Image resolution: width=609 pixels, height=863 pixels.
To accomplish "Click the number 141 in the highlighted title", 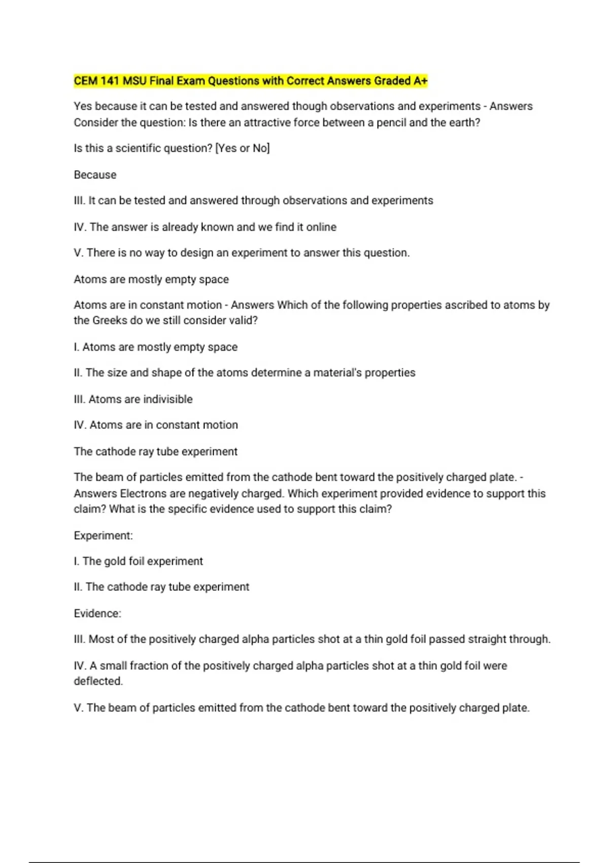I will point(109,81).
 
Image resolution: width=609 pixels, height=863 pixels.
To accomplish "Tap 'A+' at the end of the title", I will point(420,81).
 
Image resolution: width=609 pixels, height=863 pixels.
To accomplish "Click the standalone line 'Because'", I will point(95,175).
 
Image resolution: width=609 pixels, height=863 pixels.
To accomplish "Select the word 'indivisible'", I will point(168,399).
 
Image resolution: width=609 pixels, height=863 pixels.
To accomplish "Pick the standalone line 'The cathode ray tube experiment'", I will point(155,451).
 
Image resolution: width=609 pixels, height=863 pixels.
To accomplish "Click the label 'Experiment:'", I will point(103,536).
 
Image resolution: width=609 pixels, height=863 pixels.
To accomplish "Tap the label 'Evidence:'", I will point(97,613).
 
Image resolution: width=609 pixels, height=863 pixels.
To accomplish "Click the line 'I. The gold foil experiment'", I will point(138,561).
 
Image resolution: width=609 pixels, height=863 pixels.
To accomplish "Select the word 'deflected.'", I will point(98,681).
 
